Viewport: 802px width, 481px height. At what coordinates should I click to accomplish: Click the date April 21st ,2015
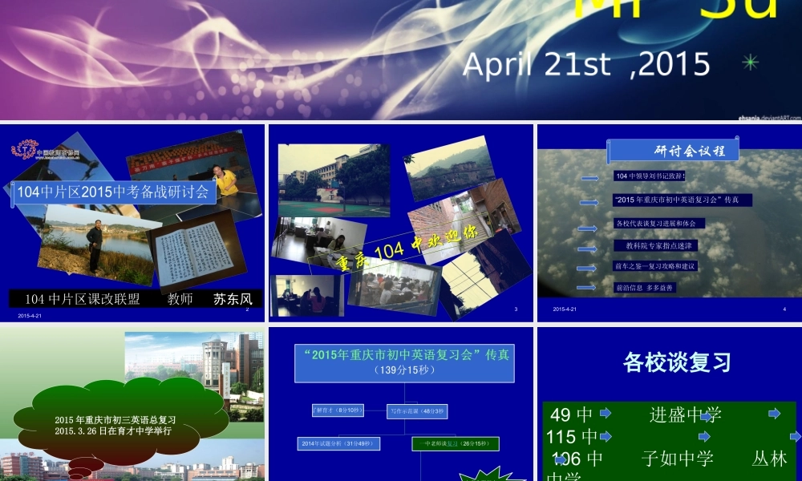tap(586, 63)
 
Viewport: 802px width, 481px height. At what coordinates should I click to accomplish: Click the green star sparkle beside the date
tap(751, 62)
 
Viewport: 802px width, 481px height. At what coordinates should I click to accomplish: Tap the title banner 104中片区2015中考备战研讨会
tap(112, 192)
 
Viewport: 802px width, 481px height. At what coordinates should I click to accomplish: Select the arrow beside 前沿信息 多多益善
tap(586, 287)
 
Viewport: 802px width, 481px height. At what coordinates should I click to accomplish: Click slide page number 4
tap(784, 309)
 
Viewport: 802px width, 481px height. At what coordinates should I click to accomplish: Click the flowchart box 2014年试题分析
tap(338, 443)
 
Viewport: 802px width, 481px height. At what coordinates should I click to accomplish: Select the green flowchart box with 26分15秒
tap(456, 443)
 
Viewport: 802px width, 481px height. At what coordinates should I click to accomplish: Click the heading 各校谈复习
tap(677, 362)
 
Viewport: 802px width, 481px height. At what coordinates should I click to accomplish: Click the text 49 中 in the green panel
tap(571, 414)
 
